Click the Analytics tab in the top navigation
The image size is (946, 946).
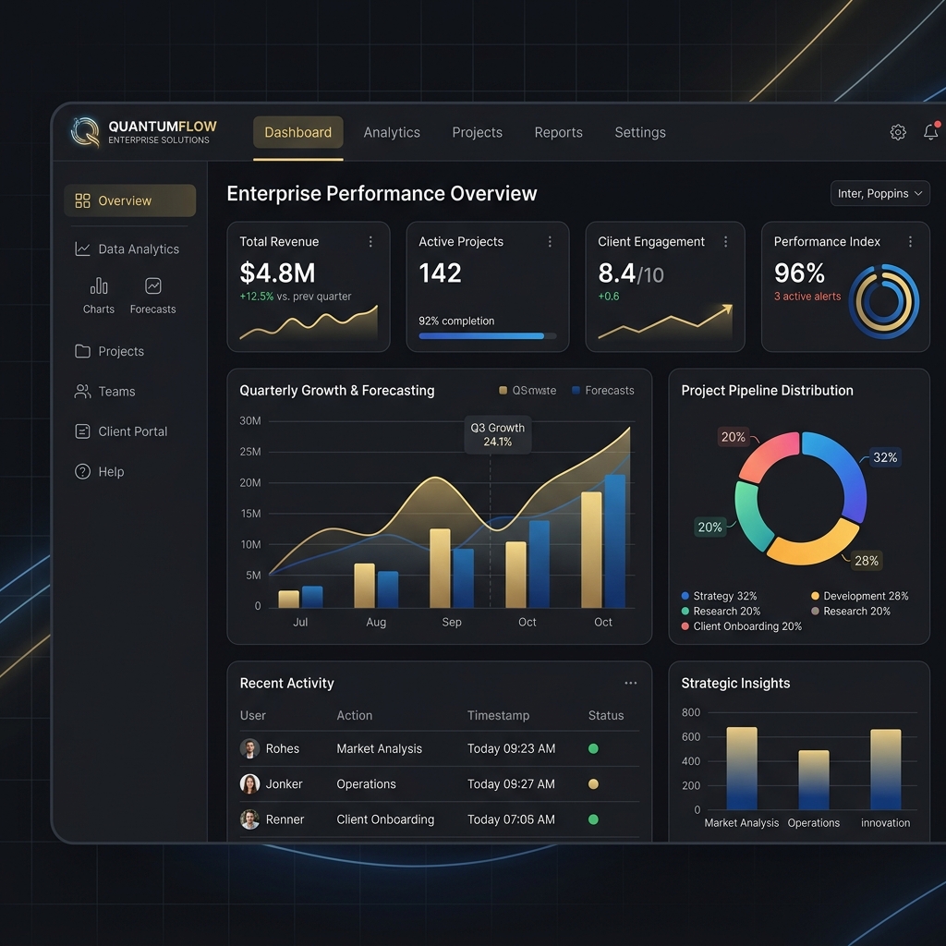[x=392, y=132]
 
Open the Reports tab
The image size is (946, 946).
[x=558, y=132]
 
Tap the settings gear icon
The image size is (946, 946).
[x=898, y=132]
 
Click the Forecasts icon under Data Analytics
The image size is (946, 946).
[x=153, y=286]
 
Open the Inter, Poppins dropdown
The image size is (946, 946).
[x=879, y=194]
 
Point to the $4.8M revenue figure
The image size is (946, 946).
[x=277, y=273]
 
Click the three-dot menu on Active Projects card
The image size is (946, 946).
[x=550, y=241]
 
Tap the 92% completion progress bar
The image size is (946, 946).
[x=488, y=336]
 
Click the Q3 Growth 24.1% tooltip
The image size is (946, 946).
[x=498, y=434]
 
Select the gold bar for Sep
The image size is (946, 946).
[x=440, y=568]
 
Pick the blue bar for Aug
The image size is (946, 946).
[x=388, y=589]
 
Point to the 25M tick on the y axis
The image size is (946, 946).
[x=250, y=452]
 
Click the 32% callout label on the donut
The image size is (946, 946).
[x=885, y=457]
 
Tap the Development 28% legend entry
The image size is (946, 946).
[x=860, y=596]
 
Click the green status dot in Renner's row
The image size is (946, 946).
[x=593, y=819]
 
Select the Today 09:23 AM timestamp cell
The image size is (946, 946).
[x=511, y=748]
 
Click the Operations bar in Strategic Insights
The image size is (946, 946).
[x=813, y=780]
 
